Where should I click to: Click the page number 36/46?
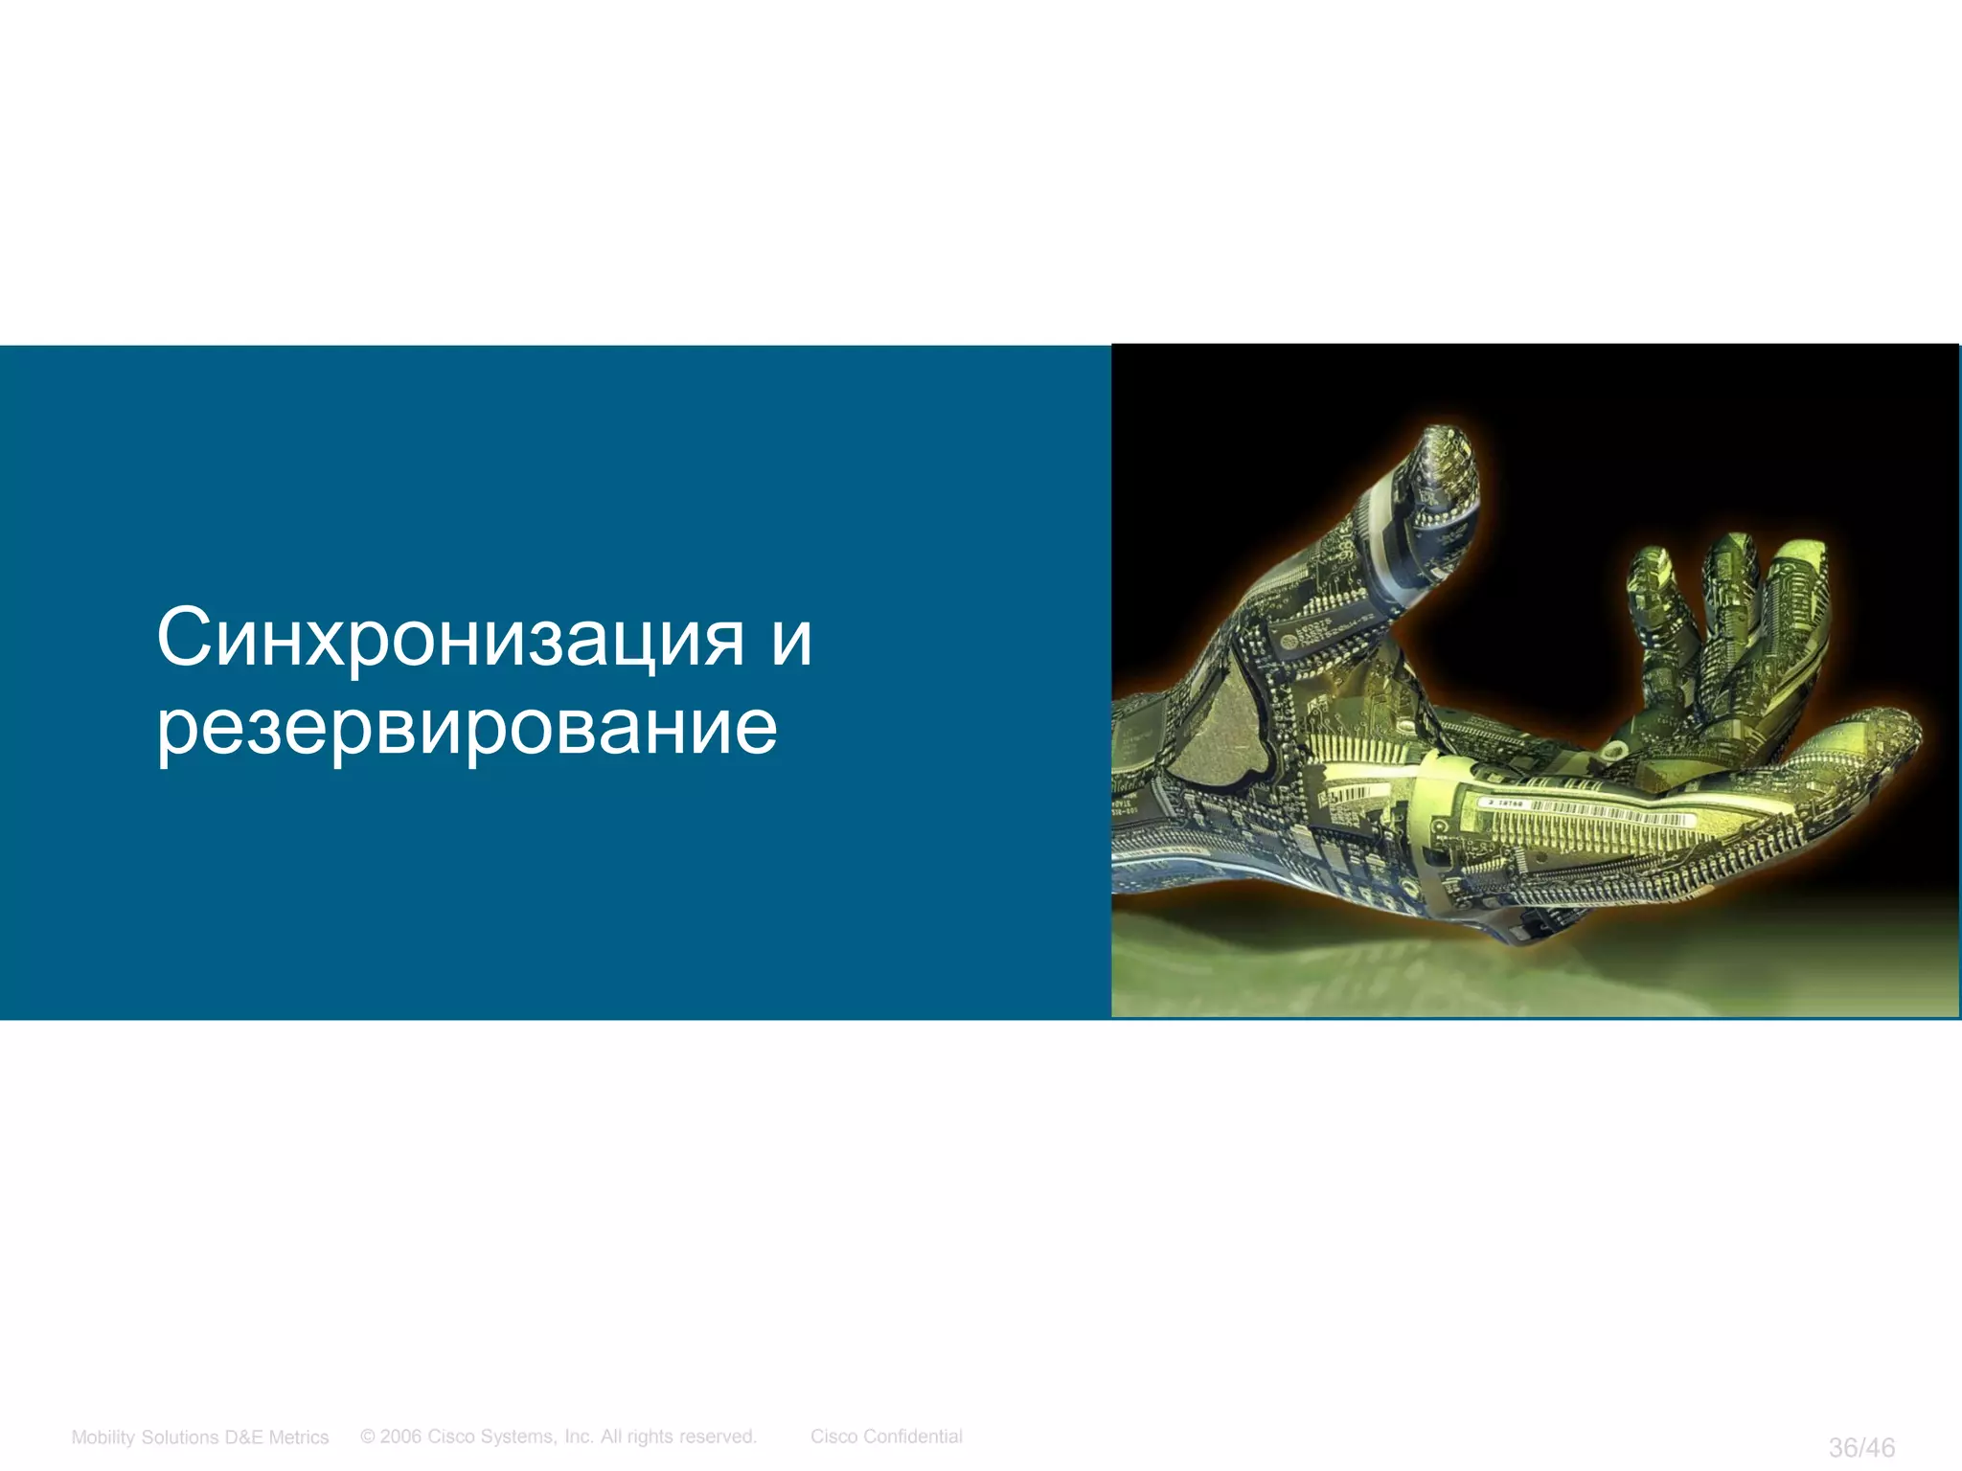click(1861, 1447)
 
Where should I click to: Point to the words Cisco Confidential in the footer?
click(886, 1436)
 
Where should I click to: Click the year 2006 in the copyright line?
click(401, 1436)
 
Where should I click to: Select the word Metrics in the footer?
click(298, 1437)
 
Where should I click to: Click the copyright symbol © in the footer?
click(368, 1436)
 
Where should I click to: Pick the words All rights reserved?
click(678, 1436)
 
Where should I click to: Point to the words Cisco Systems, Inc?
click(510, 1436)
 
